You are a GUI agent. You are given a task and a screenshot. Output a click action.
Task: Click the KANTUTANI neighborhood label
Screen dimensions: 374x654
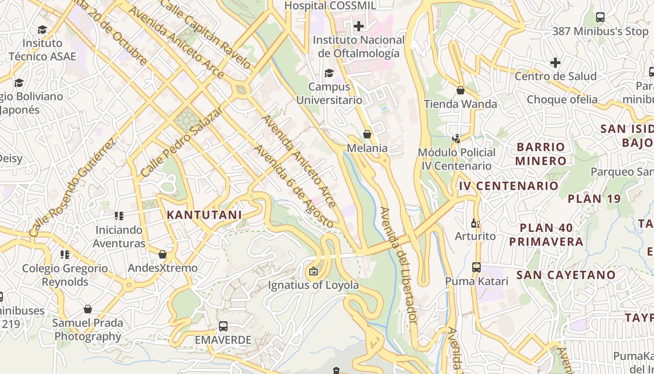pyautogui.click(x=204, y=215)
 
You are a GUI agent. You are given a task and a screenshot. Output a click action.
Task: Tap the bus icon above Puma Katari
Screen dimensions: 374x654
pyautogui.click(x=476, y=267)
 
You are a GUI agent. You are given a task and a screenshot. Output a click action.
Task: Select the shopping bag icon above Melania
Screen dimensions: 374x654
pyautogui.click(x=367, y=135)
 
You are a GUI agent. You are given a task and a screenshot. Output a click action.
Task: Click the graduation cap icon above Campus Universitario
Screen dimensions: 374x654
pyautogui.click(x=329, y=73)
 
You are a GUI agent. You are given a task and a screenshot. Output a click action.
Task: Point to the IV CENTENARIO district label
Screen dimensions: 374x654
pyautogui.click(x=508, y=186)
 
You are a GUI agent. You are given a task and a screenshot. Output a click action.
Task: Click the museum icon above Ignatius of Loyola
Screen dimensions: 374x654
pyautogui.click(x=313, y=271)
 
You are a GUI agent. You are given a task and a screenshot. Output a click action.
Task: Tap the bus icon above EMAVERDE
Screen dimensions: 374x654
pyautogui.click(x=223, y=326)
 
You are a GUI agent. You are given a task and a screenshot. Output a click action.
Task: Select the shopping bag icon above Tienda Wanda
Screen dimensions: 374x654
pyautogui.click(x=461, y=90)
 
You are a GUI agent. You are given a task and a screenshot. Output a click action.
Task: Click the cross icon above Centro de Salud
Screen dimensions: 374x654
pyautogui.click(x=555, y=62)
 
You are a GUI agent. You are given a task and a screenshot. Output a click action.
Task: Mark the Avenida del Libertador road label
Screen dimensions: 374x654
pyautogui.click(x=398, y=265)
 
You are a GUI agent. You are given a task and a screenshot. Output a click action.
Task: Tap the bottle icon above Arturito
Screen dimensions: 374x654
pyautogui.click(x=476, y=223)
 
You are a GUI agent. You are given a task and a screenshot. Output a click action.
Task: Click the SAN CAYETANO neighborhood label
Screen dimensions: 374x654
pyautogui.click(x=566, y=275)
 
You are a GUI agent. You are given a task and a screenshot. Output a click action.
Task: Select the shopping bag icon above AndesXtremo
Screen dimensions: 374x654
pyautogui.click(x=163, y=254)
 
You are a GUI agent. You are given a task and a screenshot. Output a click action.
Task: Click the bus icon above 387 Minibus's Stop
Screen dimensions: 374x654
pyautogui.click(x=600, y=17)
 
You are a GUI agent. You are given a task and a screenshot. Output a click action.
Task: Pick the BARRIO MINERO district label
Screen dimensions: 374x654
pyautogui.click(x=541, y=154)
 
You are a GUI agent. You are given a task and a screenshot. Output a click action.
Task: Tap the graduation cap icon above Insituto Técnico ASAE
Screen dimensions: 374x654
pyautogui.click(x=42, y=29)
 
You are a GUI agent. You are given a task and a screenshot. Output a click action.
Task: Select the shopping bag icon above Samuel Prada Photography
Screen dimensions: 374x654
pyautogui.click(x=87, y=309)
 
